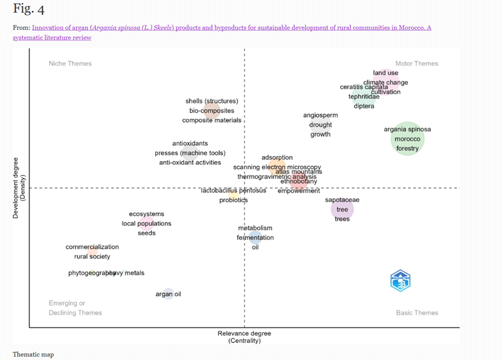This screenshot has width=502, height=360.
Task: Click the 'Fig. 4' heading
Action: (28, 10)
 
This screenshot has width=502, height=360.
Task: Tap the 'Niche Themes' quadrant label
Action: (70, 63)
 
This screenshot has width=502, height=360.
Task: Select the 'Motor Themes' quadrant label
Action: (416, 63)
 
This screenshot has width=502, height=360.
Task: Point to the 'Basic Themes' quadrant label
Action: (417, 312)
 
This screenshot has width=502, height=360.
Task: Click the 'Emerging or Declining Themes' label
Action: (75, 308)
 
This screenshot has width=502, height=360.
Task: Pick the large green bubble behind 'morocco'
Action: (407, 139)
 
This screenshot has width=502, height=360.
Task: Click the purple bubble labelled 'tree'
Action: (342, 209)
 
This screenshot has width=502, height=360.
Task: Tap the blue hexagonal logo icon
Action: (400, 280)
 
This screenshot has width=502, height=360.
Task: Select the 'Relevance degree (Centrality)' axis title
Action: (244, 337)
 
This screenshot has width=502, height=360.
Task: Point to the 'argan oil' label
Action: (168, 294)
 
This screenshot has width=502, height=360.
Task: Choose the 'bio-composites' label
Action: (212, 110)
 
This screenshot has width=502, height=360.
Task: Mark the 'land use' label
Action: (386, 73)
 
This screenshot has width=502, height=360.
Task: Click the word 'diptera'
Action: (364, 106)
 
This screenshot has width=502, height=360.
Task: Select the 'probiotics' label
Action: (234, 200)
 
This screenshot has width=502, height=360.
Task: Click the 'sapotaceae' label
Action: (342, 200)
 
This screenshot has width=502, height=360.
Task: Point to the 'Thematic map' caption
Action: (33, 354)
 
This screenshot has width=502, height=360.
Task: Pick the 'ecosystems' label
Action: (147, 214)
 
